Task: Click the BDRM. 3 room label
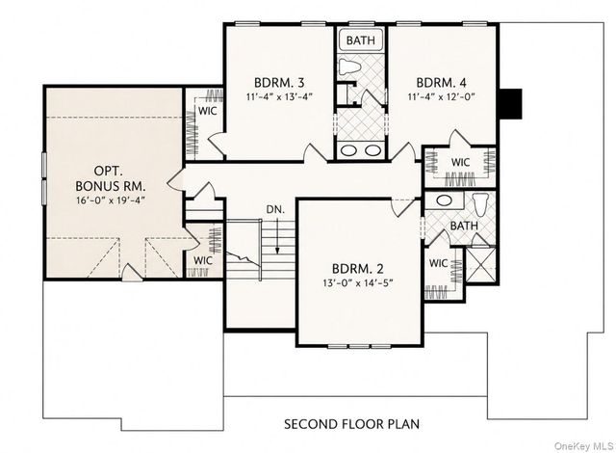pyautogui.click(x=279, y=83)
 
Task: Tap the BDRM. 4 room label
pyautogui.click(x=441, y=83)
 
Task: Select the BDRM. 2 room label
pyautogui.click(x=358, y=269)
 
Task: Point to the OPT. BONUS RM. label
pyautogui.click(x=111, y=178)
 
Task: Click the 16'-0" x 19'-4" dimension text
pyautogui.click(x=111, y=200)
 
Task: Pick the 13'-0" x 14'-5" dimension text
pyautogui.click(x=358, y=283)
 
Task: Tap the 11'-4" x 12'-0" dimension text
pyautogui.click(x=442, y=96)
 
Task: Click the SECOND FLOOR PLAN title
pyautogui.click(x=351, y=424)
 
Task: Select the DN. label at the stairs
pyautogui.click(x=275, y=209)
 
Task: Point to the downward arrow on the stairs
pyautogui.click(x=277, y=236)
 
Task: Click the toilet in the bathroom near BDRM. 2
pyautogui.click(x=480, y=203)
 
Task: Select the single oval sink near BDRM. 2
pyautogui.click(x=445, y=200)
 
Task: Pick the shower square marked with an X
pyautogui.click(x=481, y=265)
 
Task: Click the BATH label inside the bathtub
pyautogui.click(x=361, y=40)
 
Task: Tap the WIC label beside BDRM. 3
pyautogui.click(x=208, y=111)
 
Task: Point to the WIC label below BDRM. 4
pyautogui.click(x=460, y=162)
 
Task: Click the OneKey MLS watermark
pyautogui.click(x=584, y=446)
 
